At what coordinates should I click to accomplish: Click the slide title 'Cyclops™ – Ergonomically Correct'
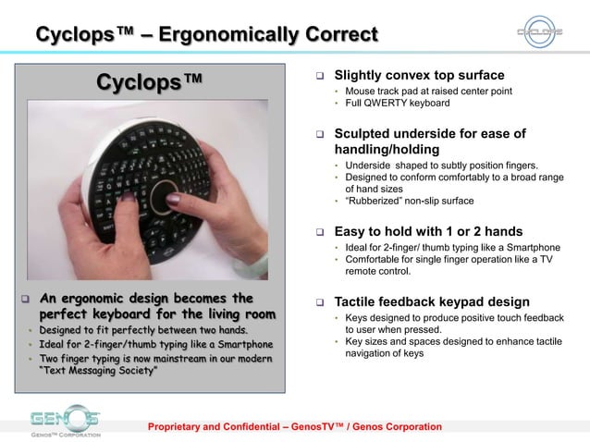tap(206, 35)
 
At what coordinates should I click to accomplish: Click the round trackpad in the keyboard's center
tap(171, 196)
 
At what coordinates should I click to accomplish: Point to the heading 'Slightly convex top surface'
tap(419, 75)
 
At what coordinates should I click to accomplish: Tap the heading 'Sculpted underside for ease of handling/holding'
tap(429, 141)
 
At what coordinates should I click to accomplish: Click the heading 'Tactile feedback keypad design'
tap(432, 301)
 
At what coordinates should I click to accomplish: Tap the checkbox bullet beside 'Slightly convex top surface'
tap(317, 76)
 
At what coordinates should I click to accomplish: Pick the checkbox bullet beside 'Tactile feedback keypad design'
tap(317, 302)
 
